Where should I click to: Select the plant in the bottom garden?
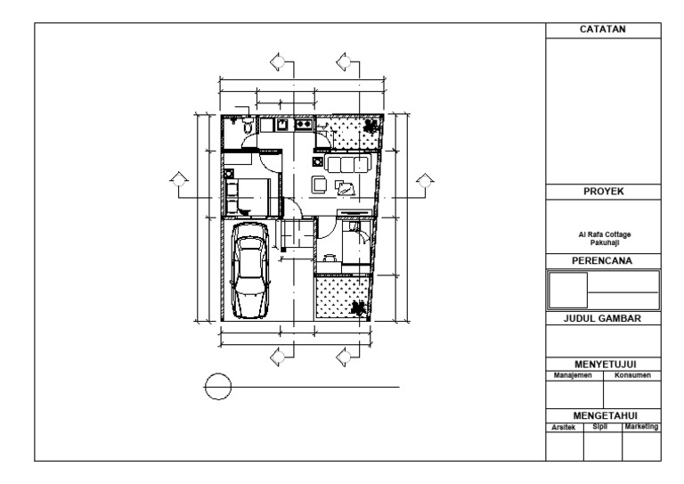(x=359, y=308)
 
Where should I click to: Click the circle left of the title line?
(x=218, y=387)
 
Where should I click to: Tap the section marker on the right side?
(x=423, y=183)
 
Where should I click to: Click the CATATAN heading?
(x=603, y=29)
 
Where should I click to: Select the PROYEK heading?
(x=603, y=191)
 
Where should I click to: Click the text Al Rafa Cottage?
(x=603, y=235)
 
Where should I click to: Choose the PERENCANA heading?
(x=603, y=260)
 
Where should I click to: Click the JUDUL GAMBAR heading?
(x=603, y=317)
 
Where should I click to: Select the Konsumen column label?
(x=632, y=375)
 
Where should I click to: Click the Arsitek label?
(x=564, y=428)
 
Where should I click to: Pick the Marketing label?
(x=641, y=428)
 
